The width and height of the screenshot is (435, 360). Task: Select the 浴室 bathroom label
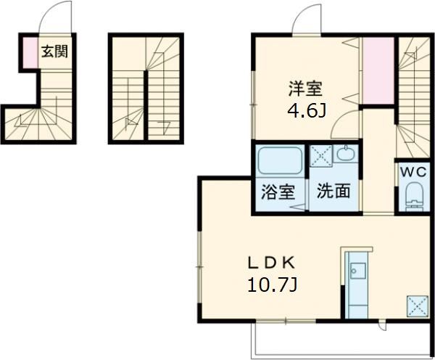click(x=278, y=192)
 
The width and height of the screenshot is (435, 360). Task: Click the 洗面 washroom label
click(x=333, y=192)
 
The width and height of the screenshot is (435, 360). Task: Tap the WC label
click(x=414, y=172)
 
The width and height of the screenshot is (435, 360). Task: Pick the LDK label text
click(x=272, y=261)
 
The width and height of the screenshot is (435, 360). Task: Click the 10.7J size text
click(x=272, y=284)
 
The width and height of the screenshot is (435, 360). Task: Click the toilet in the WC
click(x=414, y=195)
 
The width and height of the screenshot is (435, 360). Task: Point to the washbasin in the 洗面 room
click(x=345, y=155)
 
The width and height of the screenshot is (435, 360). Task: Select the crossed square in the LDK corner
click(x=418, y=305)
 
